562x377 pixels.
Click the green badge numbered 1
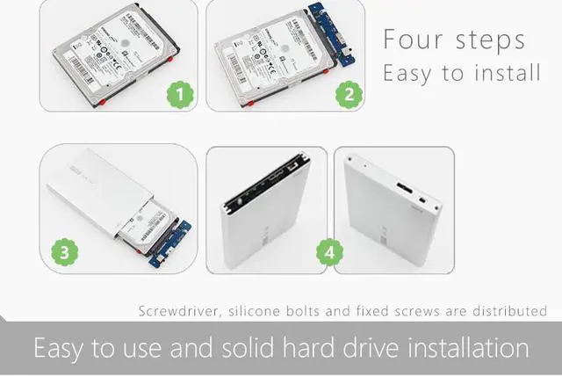(x=181, y=92)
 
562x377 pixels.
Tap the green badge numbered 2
(x=350, y=92)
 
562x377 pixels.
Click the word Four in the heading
(x=413, y=40)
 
